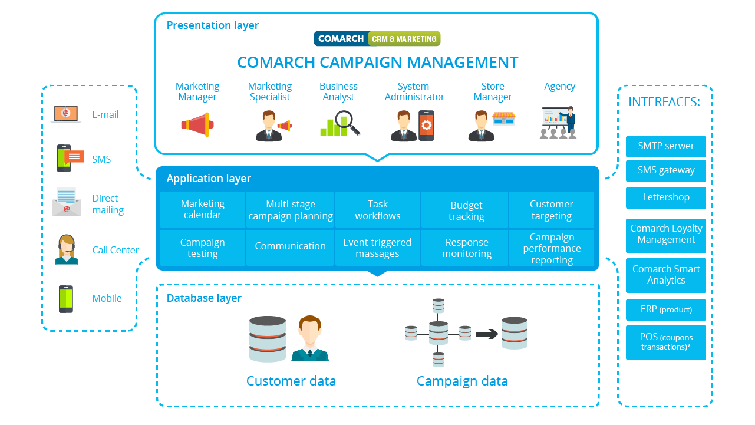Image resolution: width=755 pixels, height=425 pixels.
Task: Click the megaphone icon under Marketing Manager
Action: (197, 124)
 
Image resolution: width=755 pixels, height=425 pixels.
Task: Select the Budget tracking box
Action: (466, 210)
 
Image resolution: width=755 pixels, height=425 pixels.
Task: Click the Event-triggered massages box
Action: (377, 248)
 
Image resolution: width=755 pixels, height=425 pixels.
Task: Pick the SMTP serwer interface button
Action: (665, 146)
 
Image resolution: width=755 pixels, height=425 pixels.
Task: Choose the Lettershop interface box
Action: (665, 197)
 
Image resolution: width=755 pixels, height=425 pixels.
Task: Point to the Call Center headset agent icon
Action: (67, 249)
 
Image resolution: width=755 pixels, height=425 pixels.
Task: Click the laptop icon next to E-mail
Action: (66, 114)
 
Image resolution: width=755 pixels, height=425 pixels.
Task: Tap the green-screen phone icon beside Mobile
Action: (65, 298)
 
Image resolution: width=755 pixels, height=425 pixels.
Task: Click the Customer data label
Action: (291, 381)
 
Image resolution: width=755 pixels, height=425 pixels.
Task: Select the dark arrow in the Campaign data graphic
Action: (487, 334)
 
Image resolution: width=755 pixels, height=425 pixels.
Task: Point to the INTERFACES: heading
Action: (664, 102)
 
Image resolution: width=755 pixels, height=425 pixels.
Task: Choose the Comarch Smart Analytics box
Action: (665, 275)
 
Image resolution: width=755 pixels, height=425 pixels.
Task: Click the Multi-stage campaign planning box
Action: (290, 210)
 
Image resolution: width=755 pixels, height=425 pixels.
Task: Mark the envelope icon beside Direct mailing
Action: (66, 203)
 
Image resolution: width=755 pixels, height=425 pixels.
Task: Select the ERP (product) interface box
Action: (665, 309)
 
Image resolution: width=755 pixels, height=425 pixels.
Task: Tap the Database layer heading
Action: (204, 298)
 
